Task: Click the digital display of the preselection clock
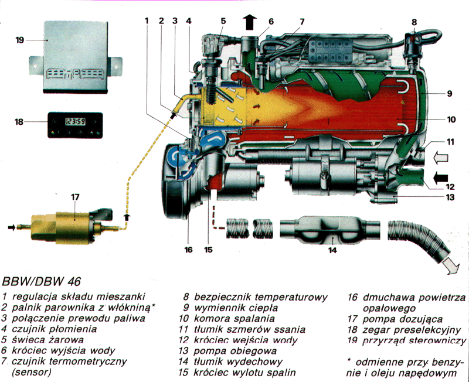[x=74, y=122]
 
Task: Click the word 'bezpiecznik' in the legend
[x=222, y=297]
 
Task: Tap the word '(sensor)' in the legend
[x=29, y=372]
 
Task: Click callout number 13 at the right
[x=450, y=197]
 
